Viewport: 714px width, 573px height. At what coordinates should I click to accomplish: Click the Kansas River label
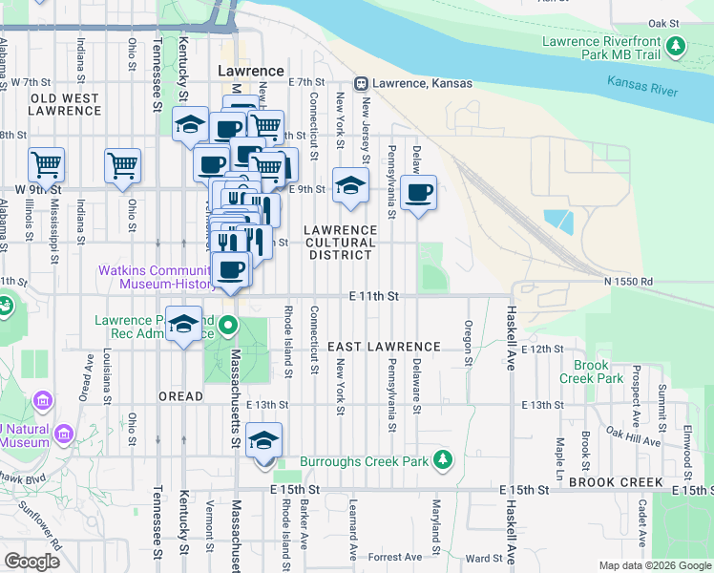(x=642, y=82)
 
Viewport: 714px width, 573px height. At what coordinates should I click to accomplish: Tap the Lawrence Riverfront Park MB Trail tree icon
(x=676, y=46)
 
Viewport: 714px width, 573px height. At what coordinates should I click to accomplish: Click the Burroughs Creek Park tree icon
(x=442, y=461)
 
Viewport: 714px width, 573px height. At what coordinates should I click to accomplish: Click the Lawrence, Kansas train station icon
(x=362, y=84)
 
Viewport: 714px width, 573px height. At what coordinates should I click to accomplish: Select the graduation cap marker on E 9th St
(x=350, y=187)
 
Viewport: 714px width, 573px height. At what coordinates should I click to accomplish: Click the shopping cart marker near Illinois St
(x=46, y=166)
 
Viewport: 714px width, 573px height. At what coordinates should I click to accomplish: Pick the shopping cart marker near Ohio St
(x=123, y=166)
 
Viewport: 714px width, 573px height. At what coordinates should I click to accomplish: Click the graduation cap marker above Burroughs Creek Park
(x=264, y=441)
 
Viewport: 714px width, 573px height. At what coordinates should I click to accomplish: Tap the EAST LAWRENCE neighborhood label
(x=385, y=347)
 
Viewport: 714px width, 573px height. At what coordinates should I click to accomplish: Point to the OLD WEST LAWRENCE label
(x=65, y=104)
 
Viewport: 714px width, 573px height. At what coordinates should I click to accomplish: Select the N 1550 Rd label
(x=627, y=282)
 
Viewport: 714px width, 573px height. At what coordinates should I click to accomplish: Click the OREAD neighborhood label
(x=180, y=396)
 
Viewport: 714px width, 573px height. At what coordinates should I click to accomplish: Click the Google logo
(x=31, y=561)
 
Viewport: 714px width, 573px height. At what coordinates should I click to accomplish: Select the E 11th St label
(x=372, y=297)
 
